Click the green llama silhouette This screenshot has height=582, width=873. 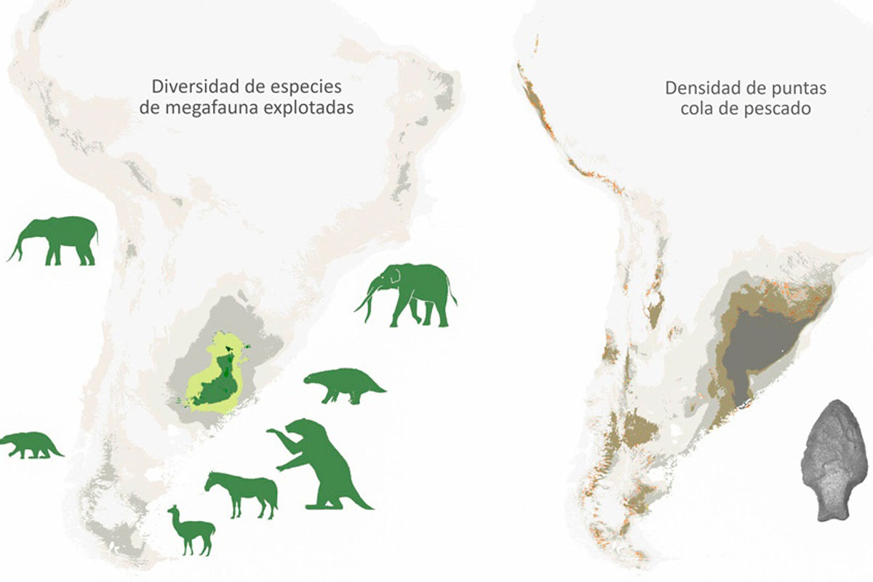(190, 530)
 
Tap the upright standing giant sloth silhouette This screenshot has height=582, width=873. (320, 466)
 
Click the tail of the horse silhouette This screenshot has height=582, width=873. (275, 496)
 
